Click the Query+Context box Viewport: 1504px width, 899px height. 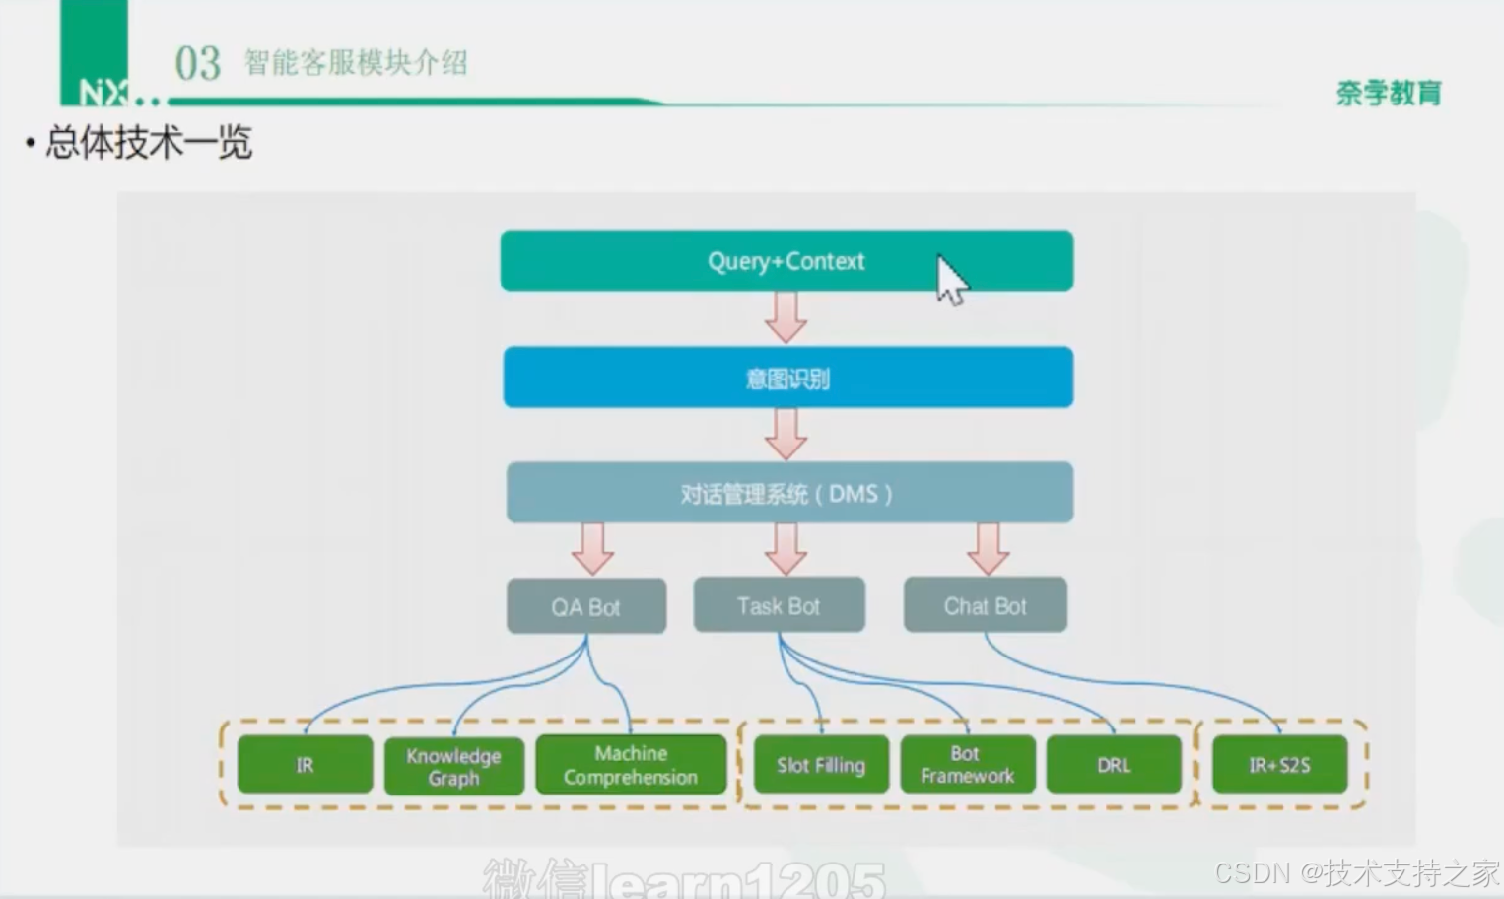786,261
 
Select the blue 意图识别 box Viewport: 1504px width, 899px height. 787,378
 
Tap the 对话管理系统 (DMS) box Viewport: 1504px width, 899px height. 788,493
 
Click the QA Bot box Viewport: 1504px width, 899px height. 586,606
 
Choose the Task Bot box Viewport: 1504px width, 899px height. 779,605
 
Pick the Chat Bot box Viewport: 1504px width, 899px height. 985,605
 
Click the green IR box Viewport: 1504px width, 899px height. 305,764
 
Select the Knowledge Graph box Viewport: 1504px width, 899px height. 453,766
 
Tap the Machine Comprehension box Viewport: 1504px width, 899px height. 631,765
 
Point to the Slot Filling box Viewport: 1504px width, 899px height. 820,765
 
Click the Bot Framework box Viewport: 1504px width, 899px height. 967,765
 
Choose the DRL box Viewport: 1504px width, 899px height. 1114,765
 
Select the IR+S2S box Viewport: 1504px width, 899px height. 1279,765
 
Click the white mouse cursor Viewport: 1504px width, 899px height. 950,279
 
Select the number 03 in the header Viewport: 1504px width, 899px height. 197,64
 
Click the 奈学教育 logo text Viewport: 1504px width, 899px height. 1389,93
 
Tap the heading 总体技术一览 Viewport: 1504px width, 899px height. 149,143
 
